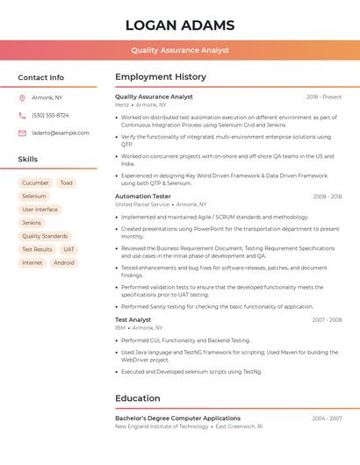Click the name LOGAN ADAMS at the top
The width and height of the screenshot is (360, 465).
(x=180, y=25)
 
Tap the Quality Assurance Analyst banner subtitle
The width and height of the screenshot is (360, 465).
(x=180, y=50)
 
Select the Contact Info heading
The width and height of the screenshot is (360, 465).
(x=41, y=77)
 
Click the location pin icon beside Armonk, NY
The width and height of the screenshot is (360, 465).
(x=22, y=97)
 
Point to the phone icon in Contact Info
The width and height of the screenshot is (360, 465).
(x=22, y=115)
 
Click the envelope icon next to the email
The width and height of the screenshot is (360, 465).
(x=22, y=133)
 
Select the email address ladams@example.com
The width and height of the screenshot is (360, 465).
(x=61, y=133)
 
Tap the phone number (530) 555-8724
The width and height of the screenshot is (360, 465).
(x=50, y=115)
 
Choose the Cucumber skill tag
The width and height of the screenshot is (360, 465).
(x=35, y=183)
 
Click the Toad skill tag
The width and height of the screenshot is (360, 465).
(x=67, y=183)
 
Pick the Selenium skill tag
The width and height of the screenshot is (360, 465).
(x=34, y=197)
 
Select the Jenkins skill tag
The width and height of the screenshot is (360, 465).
(x=32, y=223)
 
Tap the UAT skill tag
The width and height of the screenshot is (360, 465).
(x=68, y=249)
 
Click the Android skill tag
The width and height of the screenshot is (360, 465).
(x=64, y=262)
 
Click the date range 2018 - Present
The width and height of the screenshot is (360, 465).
(x=324, y=97)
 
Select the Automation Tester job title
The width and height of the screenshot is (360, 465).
(x=143, y=197)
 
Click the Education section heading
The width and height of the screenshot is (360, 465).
(x=138, y=398)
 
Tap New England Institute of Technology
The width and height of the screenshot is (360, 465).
(x=162, y=426)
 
